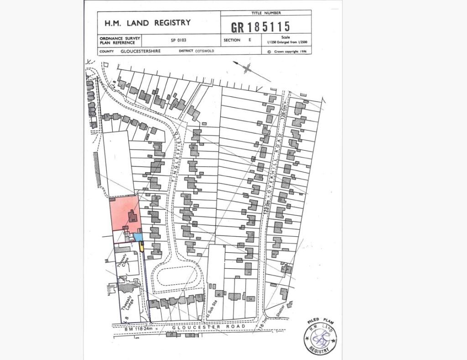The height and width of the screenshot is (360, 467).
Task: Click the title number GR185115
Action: point(260,26)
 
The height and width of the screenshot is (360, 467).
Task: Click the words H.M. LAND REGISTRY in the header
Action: point(148,22)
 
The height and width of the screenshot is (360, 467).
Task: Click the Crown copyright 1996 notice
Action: point(287,52)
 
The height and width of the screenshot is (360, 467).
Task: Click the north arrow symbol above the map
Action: point(248,69)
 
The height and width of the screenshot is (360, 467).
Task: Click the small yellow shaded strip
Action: point(141,247)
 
